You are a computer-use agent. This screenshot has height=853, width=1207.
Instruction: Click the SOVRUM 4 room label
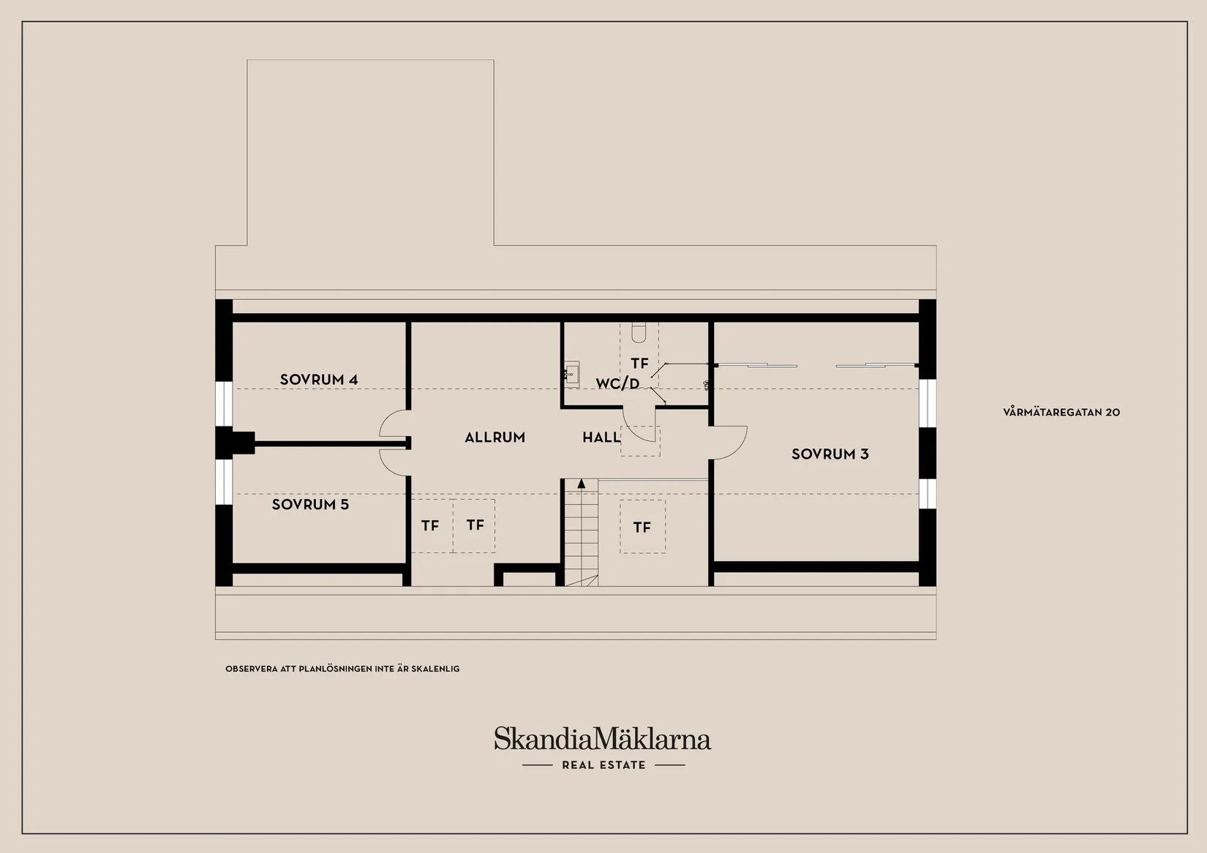click(x=319, y=380)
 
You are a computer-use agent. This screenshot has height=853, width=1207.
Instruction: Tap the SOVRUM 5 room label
click(x=310, y=504)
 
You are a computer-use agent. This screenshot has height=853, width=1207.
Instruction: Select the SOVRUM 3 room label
click(x=830, y=454)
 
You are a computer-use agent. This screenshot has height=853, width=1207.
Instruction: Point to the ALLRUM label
click(x=495, y=437)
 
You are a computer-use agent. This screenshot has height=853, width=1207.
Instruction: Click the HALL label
click(x=601, y=437)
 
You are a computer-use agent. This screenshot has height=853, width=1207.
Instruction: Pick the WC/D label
click(x=617, y=383)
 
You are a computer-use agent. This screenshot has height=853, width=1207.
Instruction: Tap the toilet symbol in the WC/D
click(x=639, y=332)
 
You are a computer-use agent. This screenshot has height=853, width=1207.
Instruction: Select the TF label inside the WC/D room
click(x=639, y=363)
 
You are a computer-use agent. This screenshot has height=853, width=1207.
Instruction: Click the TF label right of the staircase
click(x=642, y=527)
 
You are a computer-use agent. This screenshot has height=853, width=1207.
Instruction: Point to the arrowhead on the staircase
click(x=582, y=484)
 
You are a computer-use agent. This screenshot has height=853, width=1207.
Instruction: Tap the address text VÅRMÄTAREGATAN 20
click(x=1061, y=412)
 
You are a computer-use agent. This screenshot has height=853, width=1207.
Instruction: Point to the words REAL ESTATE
click(x=603, y=765)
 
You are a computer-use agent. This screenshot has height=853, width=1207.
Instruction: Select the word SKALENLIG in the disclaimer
click(x=435, y=669)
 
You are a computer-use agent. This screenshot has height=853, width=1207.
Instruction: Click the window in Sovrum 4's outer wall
click(x=224, y=404)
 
